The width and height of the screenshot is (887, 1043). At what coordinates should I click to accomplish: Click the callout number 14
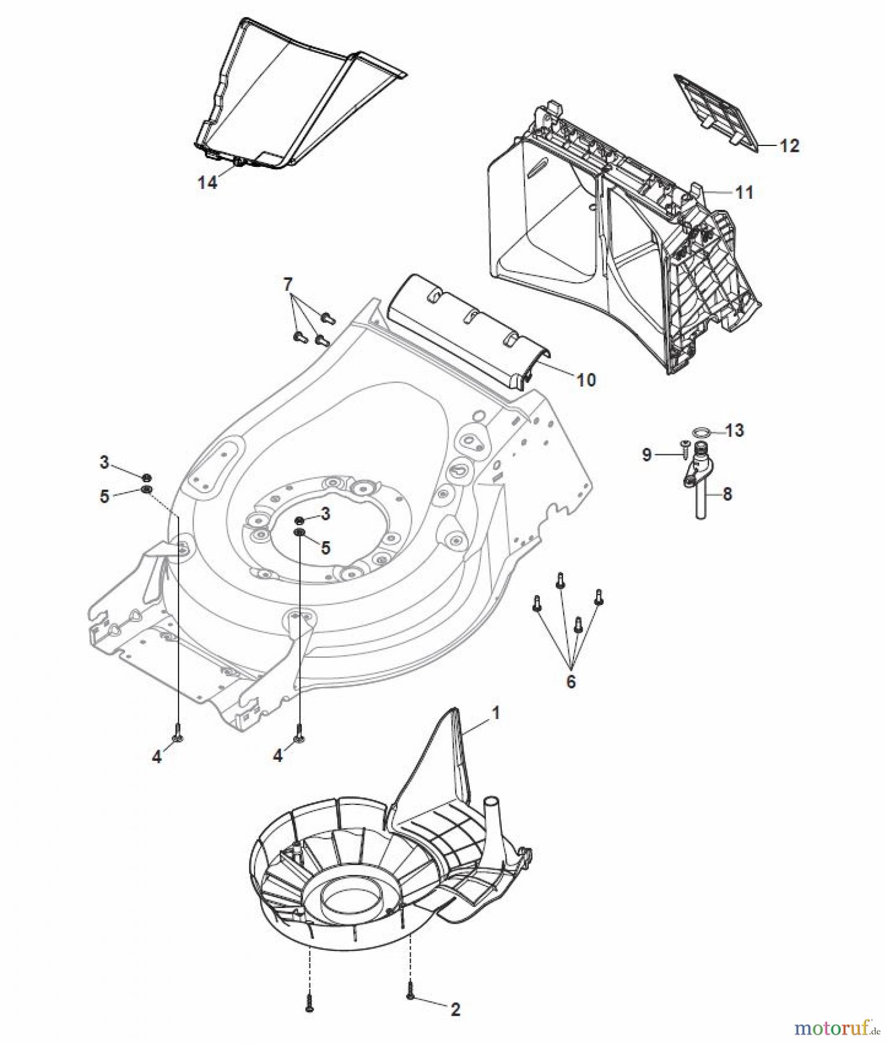[x=207, y=183]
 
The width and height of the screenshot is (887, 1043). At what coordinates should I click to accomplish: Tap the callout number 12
[x=789, y=145]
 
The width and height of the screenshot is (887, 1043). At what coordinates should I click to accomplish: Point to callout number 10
[x=586, y=380]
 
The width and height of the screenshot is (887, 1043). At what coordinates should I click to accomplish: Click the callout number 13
[x=735, y=431]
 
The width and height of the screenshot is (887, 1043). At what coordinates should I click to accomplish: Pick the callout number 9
[x=647, y=455]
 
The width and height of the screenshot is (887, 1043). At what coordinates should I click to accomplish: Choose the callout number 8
[x=728, y=494]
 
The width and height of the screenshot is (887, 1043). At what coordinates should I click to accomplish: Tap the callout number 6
[x=571, y=681]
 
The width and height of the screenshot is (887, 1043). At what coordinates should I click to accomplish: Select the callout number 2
[x=455, y=1010]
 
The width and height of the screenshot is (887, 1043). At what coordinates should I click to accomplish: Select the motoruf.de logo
[x=835, y=1028]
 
